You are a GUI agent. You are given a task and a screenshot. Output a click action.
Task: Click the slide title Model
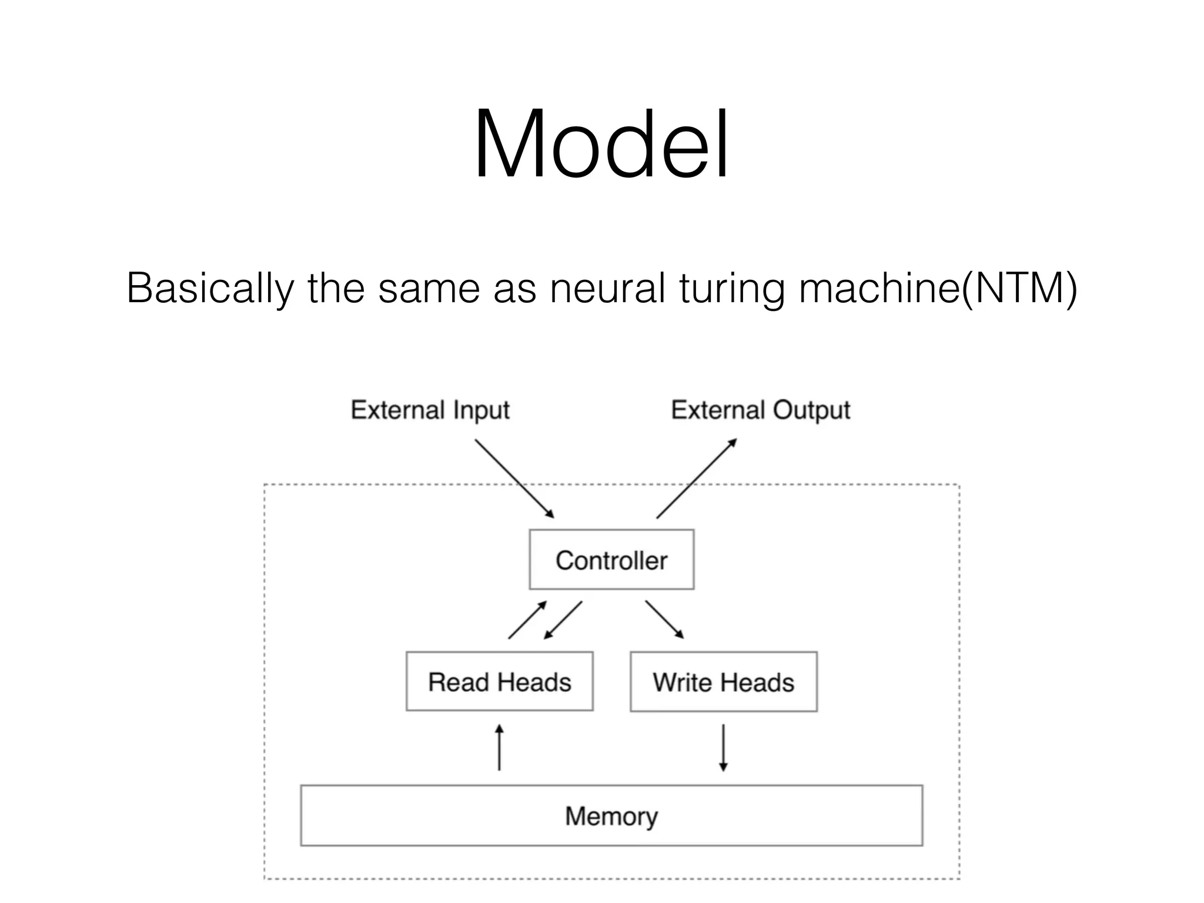[x=601, y=144]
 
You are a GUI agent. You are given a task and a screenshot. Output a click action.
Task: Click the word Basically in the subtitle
[x=209, y=288]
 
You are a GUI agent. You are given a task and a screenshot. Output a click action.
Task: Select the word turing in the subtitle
[x=731, y=288]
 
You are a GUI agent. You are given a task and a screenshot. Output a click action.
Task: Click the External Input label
[x=430, y=410]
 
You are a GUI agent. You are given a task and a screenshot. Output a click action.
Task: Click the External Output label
[x=760, y=410]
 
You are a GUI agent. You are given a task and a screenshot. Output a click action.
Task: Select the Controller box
[x=611, y=560]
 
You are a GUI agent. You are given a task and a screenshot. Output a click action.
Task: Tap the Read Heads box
[x=499, y=681]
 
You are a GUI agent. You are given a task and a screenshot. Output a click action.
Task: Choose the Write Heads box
[x=723, y=682]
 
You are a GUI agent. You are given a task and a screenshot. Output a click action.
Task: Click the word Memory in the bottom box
[x=611, y=816]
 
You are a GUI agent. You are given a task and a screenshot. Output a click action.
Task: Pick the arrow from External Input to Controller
[x=514, y=478]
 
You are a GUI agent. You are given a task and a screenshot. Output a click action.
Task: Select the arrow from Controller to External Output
[x=697, y=478]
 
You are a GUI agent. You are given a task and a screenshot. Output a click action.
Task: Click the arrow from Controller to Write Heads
[x=664, y=619]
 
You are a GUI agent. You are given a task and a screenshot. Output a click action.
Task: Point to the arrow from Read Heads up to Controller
[x=527, y=620]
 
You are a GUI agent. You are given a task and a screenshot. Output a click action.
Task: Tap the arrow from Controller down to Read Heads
[x=563, y=620]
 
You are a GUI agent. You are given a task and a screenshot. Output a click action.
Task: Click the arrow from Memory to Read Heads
[x=499, y=747]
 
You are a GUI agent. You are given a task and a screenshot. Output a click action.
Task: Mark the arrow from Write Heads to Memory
[x=723, y=747]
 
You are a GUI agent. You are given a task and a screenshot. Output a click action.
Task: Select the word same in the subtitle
[x=429, y=288]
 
